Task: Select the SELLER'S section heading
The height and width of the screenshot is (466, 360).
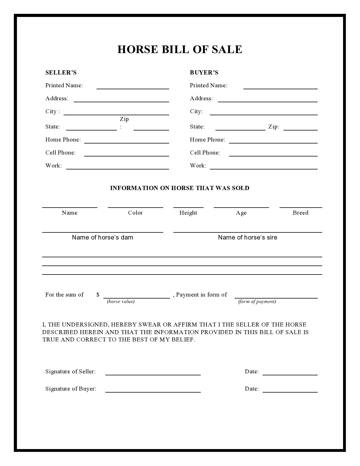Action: click(61, 73)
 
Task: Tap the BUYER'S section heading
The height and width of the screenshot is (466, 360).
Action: click(204, 73)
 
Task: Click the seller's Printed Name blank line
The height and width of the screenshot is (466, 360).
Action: click(133, 88)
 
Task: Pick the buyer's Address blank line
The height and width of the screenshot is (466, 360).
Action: click(268, 101)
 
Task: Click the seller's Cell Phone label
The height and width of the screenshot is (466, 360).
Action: click(60, 153)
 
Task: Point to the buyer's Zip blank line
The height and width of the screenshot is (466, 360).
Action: click(300, 130)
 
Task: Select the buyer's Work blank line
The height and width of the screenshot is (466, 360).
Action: click(263, 169)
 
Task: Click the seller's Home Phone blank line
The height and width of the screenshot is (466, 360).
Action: click(126, 143)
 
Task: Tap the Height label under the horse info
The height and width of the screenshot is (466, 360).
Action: click(188, 213)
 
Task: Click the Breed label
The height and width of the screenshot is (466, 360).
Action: click(300, 213)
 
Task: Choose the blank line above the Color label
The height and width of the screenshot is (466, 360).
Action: click(135, 207)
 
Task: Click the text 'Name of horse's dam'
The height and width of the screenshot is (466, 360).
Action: click(102, 237)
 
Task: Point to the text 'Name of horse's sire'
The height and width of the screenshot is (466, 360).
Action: click(248, 237)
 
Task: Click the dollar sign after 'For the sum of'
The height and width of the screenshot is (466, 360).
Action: click(98, 295)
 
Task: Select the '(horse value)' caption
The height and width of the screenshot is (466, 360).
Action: click(121, 301)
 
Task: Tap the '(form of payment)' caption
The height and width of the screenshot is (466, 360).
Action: click(257, 301)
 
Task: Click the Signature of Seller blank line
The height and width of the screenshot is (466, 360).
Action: click(153, 374)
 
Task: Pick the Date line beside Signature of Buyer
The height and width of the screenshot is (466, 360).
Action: click(290, 392)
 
